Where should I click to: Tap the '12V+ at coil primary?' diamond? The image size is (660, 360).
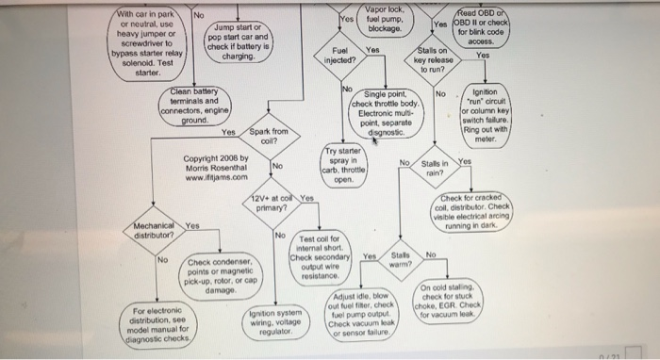coord(275,205)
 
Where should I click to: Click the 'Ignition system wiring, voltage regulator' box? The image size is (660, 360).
coord(275,323)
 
